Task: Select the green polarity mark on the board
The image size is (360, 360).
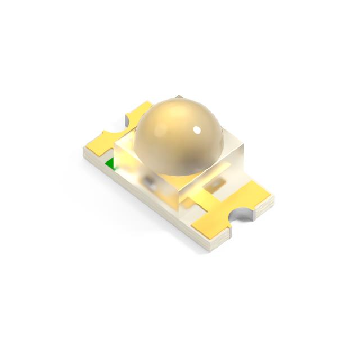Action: (111, 164)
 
